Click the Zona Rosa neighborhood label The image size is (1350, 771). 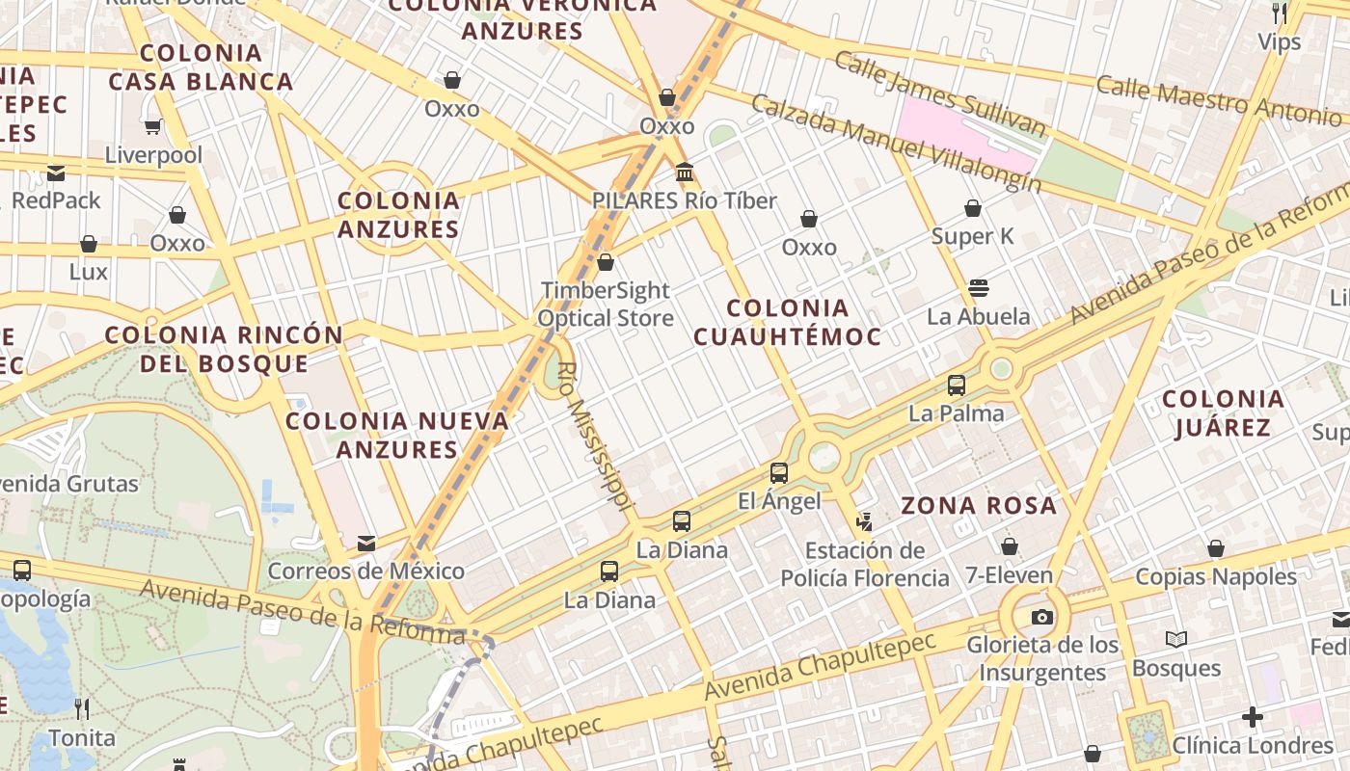click(x=978, y=505)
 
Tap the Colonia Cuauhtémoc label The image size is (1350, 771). click(x=787, y=322)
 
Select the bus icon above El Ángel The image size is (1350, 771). click(x=778, y=473)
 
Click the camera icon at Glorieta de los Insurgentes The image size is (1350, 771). click(x=1041, y=617)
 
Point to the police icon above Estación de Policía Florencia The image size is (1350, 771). click(x=864, y=522)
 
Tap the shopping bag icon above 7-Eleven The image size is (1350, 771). click(x=1009, y=546)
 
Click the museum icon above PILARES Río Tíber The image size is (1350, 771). click(x=685, y=173)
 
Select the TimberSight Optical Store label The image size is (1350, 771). click(x=606, y=304)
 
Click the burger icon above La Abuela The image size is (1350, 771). click(x=978, y=288)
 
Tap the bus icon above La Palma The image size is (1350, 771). click(x=956, y=385)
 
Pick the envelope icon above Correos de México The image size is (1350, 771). click(x=366, y=544)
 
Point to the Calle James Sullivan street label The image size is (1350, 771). click(x=939, y=93)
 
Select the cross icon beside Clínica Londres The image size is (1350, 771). click(x=1252, y=717)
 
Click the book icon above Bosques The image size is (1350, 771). click(x=1175, y=639)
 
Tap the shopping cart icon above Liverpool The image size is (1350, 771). click(x=152, y=126)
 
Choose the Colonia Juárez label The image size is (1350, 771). click(x=1223, y=412)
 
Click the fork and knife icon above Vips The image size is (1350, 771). click(x=1279, y=13)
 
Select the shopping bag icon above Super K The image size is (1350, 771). click(x=972, y=208)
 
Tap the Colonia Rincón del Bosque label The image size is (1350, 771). click(x=224, y=349)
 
